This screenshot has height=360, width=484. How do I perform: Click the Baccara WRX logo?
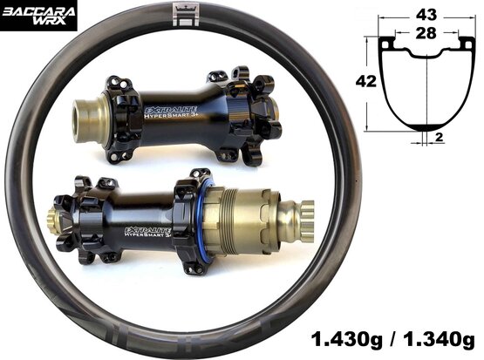tap(38, 16)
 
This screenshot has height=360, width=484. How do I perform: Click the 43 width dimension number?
tap(426, 15)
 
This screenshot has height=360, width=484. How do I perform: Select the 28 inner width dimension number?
tap(426, 33)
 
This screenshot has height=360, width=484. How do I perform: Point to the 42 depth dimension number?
tap(366, 81)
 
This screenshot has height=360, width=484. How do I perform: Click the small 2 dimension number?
tap(439, 137)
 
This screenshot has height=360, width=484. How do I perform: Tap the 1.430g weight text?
tap(346, 340)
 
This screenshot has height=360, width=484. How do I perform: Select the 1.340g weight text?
tap(439, 340)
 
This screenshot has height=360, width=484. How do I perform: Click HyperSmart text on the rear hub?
tap(147, 234)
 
